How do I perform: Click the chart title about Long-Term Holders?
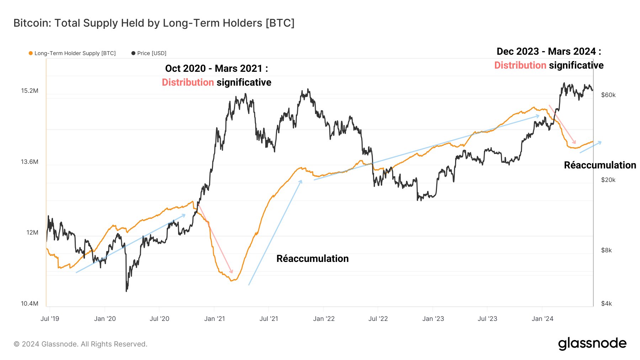(154, 23)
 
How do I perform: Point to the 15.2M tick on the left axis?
(30, 91)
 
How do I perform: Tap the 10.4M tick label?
(30, 303)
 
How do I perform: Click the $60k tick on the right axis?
(608, 95)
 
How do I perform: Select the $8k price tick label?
(606, 250)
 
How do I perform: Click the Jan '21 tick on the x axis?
(214, 319)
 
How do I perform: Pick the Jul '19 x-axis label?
(50, 319)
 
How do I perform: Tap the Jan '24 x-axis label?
(542, 319)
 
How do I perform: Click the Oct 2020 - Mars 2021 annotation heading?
(217, 68)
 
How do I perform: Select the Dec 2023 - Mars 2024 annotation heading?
(549, 52)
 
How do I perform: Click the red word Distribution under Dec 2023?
(520, 65)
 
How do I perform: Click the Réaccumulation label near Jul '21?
(313, 258)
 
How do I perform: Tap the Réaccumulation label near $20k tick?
(600, 165)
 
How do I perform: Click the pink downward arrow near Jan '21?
(215, 238)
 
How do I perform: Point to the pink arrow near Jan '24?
(562, 124)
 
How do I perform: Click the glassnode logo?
(592, 344)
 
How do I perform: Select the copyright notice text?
(80, 344)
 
